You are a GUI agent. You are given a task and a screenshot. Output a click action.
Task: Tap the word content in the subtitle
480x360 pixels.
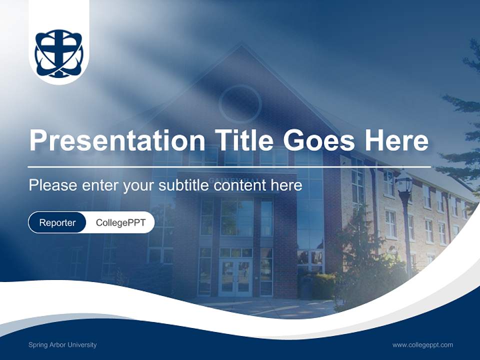click(x=239, y=185)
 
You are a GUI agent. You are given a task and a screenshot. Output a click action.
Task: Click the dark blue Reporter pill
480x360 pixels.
click(x=57, y=222)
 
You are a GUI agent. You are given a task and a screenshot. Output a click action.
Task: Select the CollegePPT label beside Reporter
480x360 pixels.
click(x=120, y=222)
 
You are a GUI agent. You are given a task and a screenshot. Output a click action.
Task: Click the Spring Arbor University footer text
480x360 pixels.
click(x=62, y=344)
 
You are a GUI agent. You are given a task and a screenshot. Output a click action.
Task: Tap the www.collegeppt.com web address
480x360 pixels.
click(x=422, y=344)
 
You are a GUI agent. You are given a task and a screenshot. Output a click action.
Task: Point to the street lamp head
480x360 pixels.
click(x=403, y=183)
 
